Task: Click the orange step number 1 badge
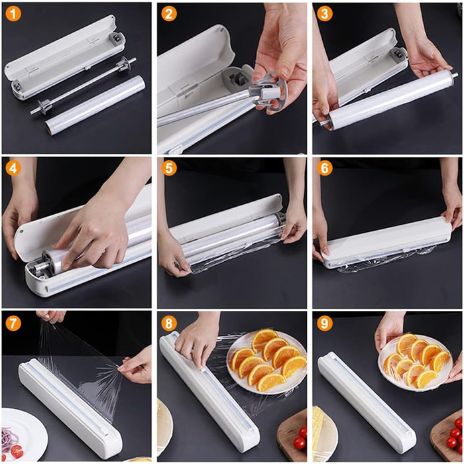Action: [13, 14]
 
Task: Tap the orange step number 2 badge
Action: [168, 14]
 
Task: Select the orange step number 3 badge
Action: [324, 14]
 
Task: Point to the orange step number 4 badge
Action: [13, 168]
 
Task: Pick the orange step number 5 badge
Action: [168, 168]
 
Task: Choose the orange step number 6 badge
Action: [324, 168]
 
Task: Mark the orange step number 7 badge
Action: [13, 323]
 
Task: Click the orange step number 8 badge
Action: [168, 323]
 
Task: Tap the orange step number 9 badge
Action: [324, 323]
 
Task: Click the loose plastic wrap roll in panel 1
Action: [95, 105]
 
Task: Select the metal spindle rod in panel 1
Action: [83, 86]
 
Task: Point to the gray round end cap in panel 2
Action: [270, 93]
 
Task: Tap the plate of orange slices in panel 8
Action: [267, 362]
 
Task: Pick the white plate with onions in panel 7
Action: [23, 434]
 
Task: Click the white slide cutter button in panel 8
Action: [202, 369]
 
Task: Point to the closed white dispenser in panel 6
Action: [387, 242]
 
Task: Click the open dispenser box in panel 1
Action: [65, 57]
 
